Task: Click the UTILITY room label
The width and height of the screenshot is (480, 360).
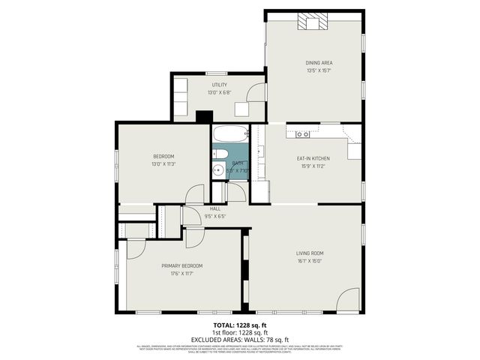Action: pyautogui.click(x=219, y=85)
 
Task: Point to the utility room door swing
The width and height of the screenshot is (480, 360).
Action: pyautogui.click(x=257, y=92)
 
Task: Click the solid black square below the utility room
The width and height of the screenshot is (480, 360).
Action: pyautogui.click(x=202, y=116)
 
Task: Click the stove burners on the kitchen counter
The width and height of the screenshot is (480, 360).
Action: pyautogui.click(x=303, y=134)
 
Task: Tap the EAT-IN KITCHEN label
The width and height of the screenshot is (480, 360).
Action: pyautogui.click(x=313, y=158)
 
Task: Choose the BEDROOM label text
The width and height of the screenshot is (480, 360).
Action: pyautogui.click(x=163, y=156)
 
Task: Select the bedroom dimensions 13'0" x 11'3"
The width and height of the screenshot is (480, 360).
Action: pyautogui.click(x=163, y=164)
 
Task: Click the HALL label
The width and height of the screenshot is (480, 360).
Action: pyautogui.click(x=215, y=208)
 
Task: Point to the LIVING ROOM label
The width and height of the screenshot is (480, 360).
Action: pyautogui.click(x=309, y=253)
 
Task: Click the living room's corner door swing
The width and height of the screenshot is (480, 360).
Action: pyautogui.click(x=349, y=301)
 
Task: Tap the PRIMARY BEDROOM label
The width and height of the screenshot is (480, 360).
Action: pyautogui.click(x=181, y=265)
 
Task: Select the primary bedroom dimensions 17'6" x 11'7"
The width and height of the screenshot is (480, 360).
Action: pyautogui.click(x=181, y=274)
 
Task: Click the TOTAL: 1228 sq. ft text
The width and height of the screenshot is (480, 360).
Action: pyautogui.click(x=240, y=325)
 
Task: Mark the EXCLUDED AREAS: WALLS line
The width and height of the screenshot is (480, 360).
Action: pyautogui.click(x=240, y=339)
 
